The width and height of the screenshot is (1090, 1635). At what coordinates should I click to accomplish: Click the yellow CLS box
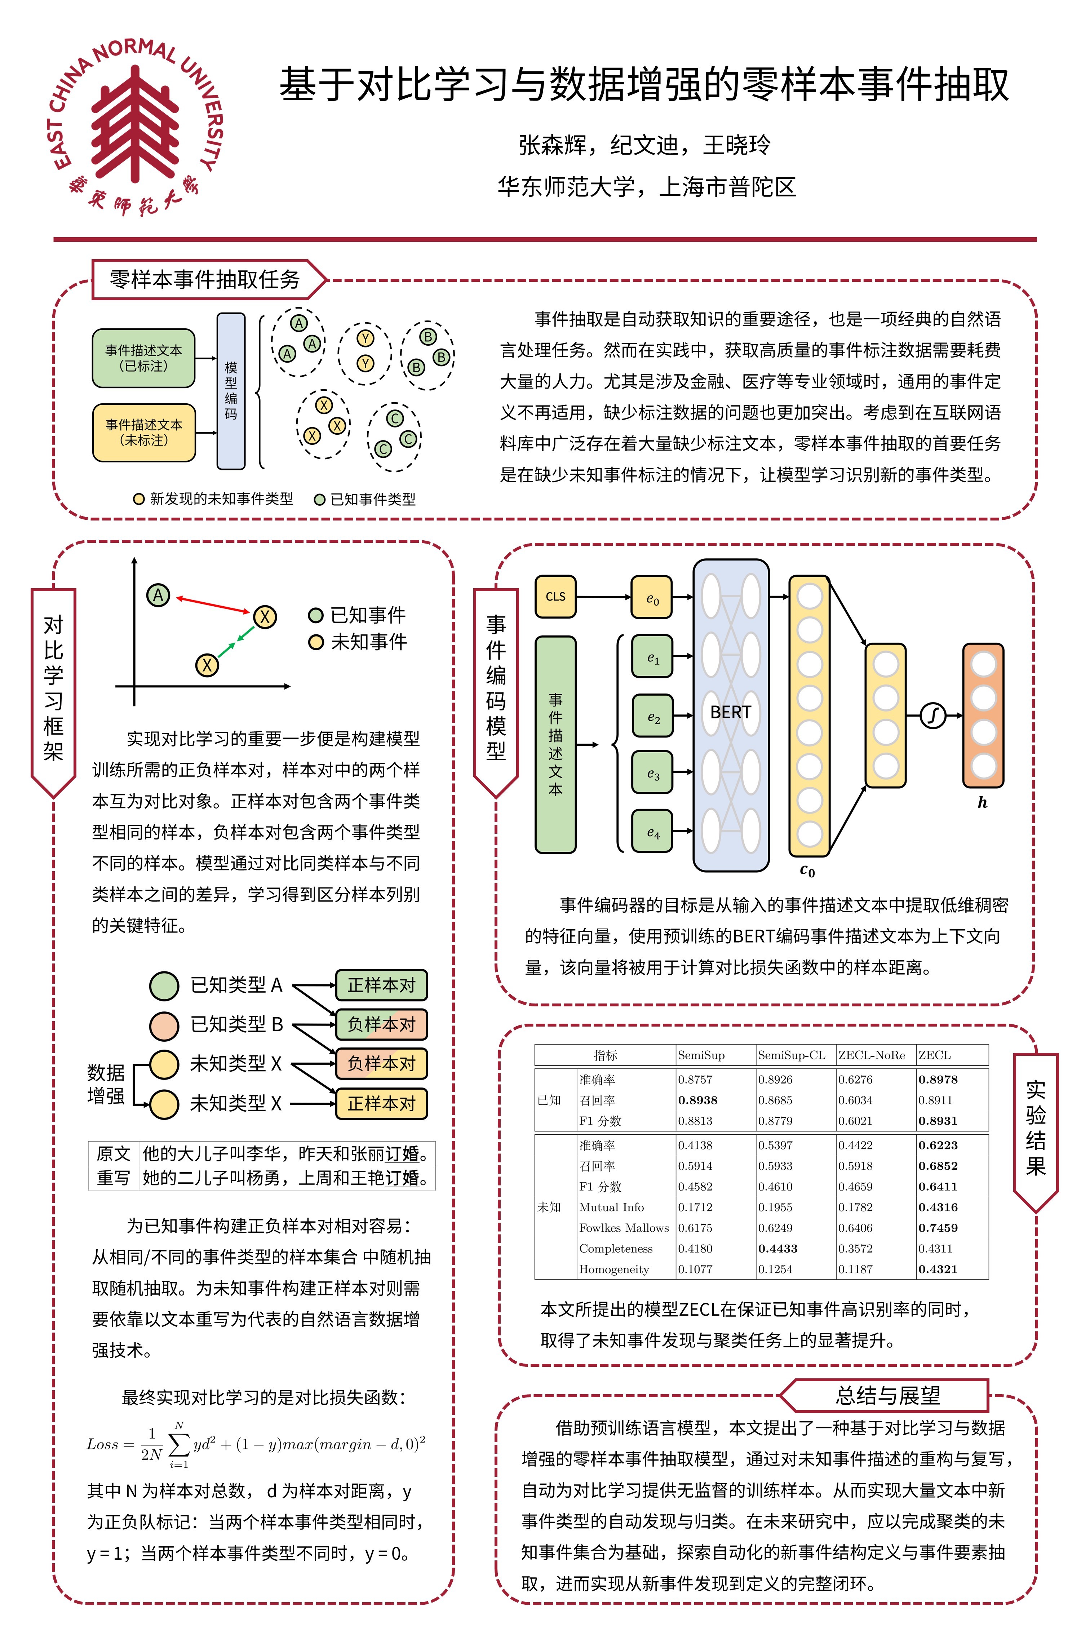coord(555,597)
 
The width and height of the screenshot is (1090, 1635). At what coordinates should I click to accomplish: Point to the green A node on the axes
coord(159,595)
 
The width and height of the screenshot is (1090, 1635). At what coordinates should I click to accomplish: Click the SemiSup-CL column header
coord(792,1055)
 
